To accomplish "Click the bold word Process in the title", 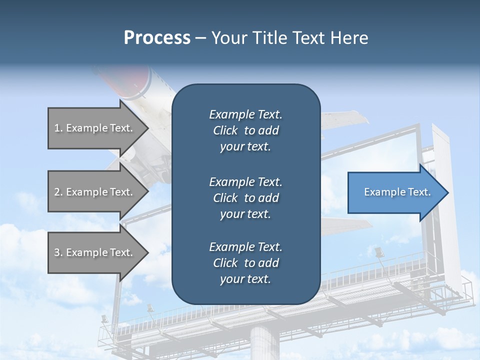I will (157, 38).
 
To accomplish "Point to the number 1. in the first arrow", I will (58, 128).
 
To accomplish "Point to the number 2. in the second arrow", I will (58, 192).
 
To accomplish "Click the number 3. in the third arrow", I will (58, 252).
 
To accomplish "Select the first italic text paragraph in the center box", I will (245, 130).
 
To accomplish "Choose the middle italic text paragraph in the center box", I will (245, 198).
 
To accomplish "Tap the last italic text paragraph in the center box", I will (245, 263).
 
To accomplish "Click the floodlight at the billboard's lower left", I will (104, 318).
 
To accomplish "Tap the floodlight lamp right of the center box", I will (378, 251).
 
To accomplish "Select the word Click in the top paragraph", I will (225, 130).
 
